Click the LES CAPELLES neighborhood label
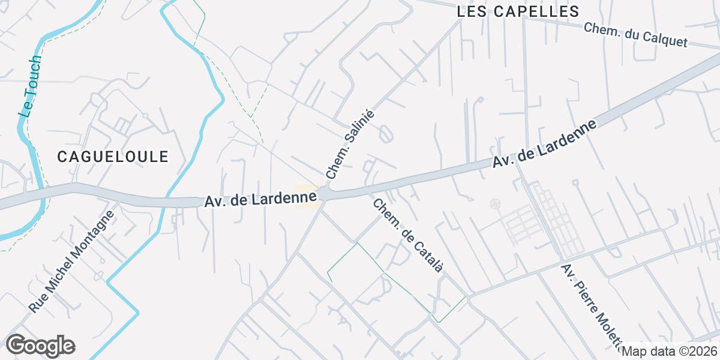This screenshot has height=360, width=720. pyautogui.click(x=518, y=11)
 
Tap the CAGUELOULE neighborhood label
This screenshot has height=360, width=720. pyautogui.click(x=113, y=157)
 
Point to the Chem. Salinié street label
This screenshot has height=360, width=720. pyautogui.click(x=350, y=145)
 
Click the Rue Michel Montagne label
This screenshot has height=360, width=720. pyautogui.click(x=71, y=261)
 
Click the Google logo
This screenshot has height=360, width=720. pyautogui.click(x=40, y=346)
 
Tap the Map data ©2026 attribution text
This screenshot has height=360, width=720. pyautogui.click(x=668, y=351)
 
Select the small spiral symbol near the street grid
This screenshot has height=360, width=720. pyautogui.click(x=494, y=204)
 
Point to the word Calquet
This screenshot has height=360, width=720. pyautogui.click(x=668, y=40)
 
